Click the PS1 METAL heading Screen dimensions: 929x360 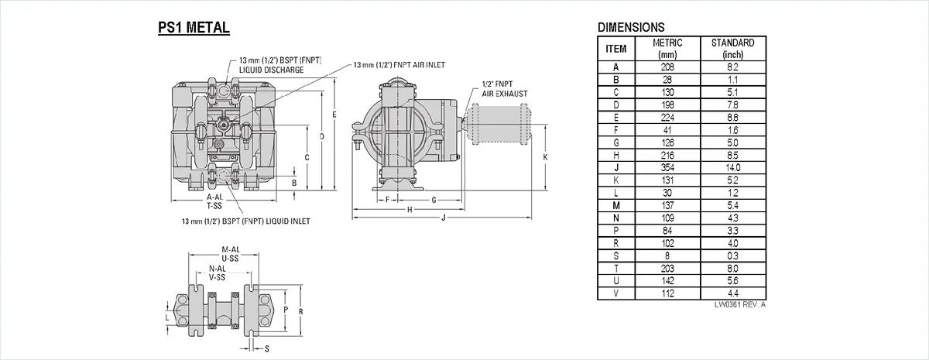tap(194, 27)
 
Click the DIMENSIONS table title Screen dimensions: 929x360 tap(631, 27)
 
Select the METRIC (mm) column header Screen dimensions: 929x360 tap(667, 49)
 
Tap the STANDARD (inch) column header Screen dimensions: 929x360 tap(733, 49)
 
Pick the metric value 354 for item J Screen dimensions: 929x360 tap(667, 167)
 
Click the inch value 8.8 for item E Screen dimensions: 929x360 tap(733, 118)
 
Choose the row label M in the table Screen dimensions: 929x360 tap(616, 205)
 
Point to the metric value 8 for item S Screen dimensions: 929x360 tap(667, 256)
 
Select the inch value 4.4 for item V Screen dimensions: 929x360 tap(733, 293)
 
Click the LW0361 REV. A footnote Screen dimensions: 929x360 tap(740, 305)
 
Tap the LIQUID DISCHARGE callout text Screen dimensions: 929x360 tap(271, 70)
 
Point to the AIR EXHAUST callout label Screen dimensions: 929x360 tap(504, 94)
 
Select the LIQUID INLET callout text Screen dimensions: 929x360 tap(288, 221)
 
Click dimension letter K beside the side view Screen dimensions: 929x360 tap(545, 157)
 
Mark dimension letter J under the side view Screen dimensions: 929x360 tap(444, 218)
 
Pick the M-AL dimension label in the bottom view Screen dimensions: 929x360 tap(231, 249)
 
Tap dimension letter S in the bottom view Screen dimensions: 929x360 tap(266, 349)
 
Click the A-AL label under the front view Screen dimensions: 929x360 tap(215, 197)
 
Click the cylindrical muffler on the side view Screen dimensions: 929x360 tap(497, 125)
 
